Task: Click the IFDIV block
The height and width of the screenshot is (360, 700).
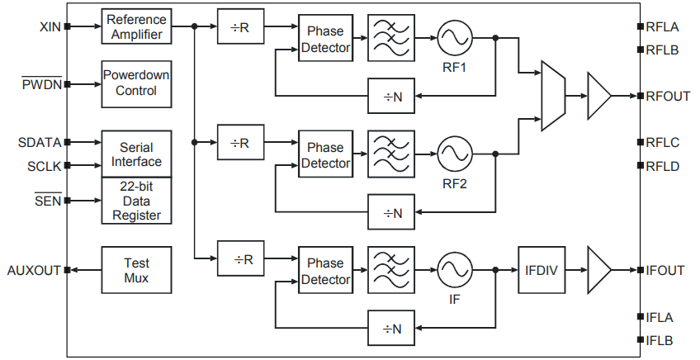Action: tap(542, 270)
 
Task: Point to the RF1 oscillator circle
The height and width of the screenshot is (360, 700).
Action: tap(454, 37)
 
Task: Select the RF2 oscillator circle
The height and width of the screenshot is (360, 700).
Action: tap(454, 153)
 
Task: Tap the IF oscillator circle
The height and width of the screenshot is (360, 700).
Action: tap(454, 269)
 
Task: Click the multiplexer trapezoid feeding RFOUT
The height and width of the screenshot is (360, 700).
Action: tap(552, 96)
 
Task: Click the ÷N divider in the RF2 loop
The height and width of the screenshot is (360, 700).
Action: tap(392, 212)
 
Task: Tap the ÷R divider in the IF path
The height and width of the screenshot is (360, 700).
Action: tap(241, 258)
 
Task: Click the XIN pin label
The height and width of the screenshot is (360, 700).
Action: tap(50, 26)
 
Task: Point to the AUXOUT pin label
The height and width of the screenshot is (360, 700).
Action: tap(33, 270)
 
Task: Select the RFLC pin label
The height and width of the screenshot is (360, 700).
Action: tap(664, 143)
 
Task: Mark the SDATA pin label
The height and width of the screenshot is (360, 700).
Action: tap(40, 142)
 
